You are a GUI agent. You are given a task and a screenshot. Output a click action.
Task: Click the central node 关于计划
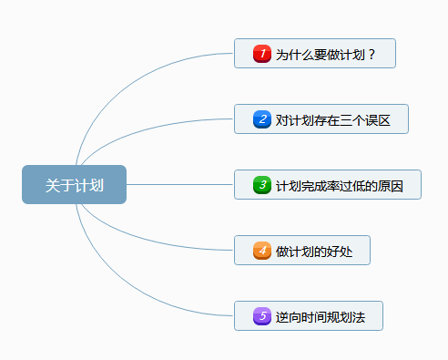(x=74, y=185)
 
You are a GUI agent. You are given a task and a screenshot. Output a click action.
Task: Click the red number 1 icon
(x=261, y=54)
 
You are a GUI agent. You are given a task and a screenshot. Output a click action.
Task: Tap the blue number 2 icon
(x=261, y=119)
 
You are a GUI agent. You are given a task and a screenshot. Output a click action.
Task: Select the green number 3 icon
(x=261, y=185)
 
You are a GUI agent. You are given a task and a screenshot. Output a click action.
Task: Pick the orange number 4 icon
(x=261, y=251)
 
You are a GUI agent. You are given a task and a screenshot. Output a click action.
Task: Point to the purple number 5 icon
(x=261, y=316)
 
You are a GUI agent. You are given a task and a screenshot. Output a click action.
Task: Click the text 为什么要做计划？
(x=326, y=54)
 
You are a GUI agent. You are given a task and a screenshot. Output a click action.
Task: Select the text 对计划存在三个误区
(x=332, y=119)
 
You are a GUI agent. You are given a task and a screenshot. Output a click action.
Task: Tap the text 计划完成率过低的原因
(x=339, y=185)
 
